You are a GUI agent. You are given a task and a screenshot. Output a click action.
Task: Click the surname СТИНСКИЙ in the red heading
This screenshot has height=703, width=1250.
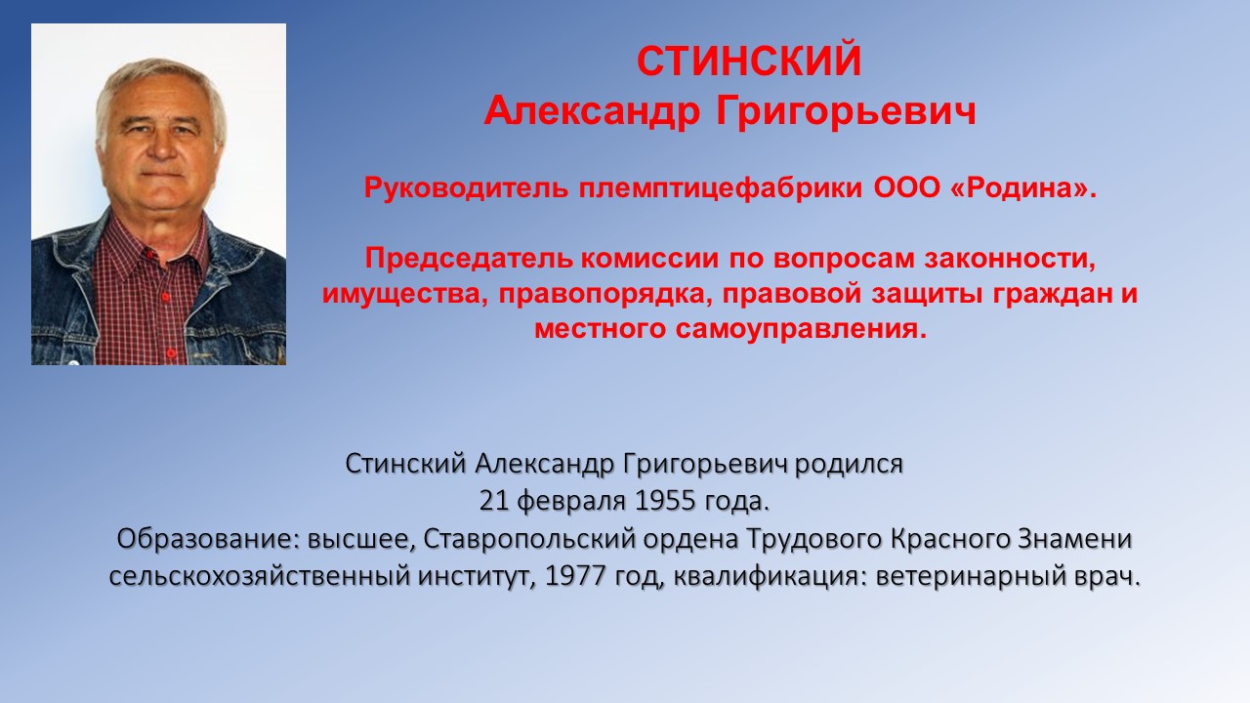(x=749, y=61)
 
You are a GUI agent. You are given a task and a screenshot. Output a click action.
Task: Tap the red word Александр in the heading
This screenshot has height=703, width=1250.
(x=592, y=111)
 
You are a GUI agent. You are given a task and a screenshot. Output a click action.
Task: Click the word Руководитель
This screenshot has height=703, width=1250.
(x=466, y=188)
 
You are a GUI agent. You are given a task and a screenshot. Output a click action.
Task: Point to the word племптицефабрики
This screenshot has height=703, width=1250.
(x=720, y=189)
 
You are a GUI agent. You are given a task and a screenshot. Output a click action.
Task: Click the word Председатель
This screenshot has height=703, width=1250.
(x=469, y=259)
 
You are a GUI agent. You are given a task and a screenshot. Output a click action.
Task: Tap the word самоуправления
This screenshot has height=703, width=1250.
(x=801, y=329)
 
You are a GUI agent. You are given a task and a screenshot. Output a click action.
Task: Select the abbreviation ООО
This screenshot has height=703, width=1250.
(x=907, y=188)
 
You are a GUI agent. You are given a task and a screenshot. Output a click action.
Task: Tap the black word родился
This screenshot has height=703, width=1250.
(x=849, y=464)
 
